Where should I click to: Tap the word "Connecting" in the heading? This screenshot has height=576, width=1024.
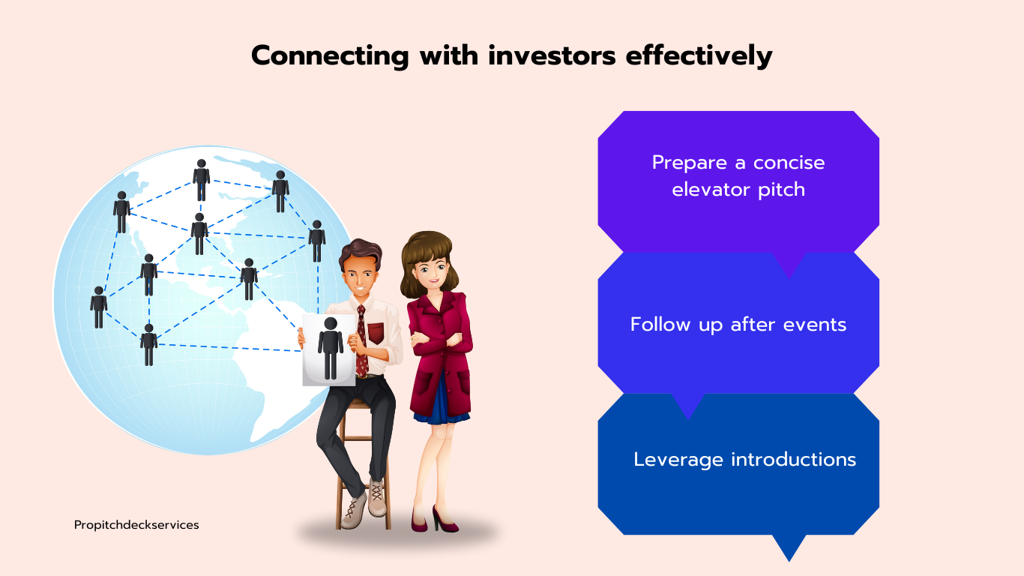(330, 57)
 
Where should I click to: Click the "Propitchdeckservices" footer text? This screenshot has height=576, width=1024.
(136, 525)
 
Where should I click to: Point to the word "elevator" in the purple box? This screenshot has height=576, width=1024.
(705, 190)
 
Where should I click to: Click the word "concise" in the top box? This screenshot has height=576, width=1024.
(789, 163)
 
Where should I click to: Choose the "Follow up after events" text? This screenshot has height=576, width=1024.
(738, 325)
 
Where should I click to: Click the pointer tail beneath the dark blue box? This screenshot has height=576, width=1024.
(789, 547)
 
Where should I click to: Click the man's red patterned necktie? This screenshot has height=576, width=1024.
(362, 341)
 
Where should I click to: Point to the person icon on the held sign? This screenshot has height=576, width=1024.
(331, 348)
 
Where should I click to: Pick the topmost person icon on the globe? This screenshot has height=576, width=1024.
(201, 179)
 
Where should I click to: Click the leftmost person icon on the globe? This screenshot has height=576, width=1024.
(99, 307)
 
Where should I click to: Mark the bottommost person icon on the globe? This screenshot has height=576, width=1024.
(149, 344)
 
